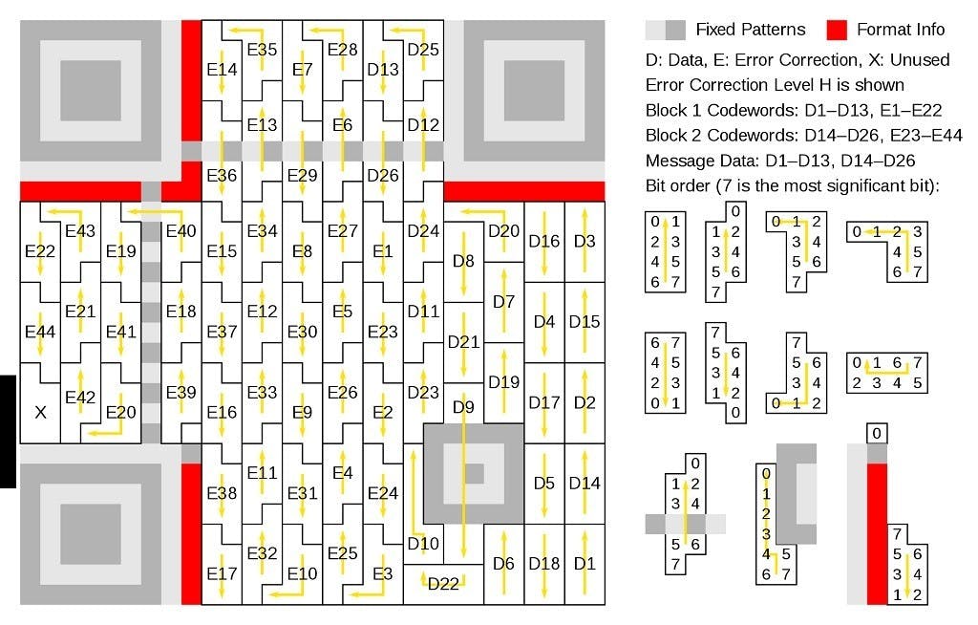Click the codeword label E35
(262, 50)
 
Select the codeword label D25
(423, 50)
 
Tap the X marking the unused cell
(40, 413)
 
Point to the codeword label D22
(443, 584)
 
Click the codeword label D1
(585, 563)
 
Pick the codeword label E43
(80, 230)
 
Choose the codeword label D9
(463, 407)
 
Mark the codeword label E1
(383, 251)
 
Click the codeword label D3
(585, 241)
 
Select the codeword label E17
(222, 573)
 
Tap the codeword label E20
(121, 412)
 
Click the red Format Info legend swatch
(837, 29)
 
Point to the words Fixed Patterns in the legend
(750, 29)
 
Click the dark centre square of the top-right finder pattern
(534, 90)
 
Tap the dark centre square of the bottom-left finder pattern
(91, 533)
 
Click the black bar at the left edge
(8, 431)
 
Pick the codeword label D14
(585, 483)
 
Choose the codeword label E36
(222, 175)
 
